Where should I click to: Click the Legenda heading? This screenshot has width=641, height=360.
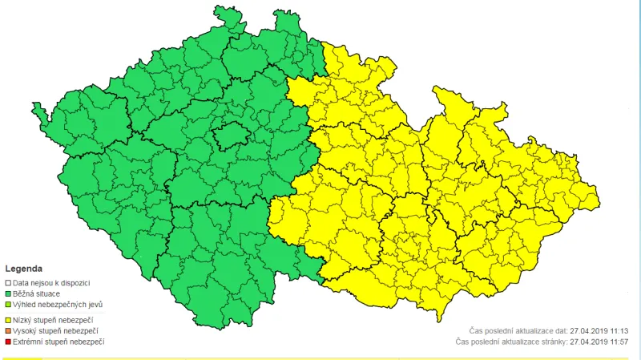click(x=24, y=269)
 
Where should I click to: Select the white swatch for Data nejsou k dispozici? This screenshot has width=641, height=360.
click(x=8, y=283)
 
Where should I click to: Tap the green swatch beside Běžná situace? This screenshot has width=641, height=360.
click(x=8, y=294)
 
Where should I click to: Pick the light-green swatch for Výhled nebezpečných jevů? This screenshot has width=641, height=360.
click(x=8, y=305)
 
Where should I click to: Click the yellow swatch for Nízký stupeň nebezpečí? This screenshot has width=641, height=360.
click(x=8, y=320)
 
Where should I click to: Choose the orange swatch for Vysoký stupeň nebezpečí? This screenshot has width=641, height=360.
click(x=8, y=330)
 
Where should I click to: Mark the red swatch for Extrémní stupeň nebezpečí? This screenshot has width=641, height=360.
click(x=8, y=342)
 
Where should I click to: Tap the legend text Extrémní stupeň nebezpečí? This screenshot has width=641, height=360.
click(x=59, y=342)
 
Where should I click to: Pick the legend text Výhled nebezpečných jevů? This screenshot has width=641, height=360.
click(x=58, y=305)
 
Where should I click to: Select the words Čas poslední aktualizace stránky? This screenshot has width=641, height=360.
click(x=510, y=342)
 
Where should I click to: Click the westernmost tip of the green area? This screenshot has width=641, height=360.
click(x=33, y=105)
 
